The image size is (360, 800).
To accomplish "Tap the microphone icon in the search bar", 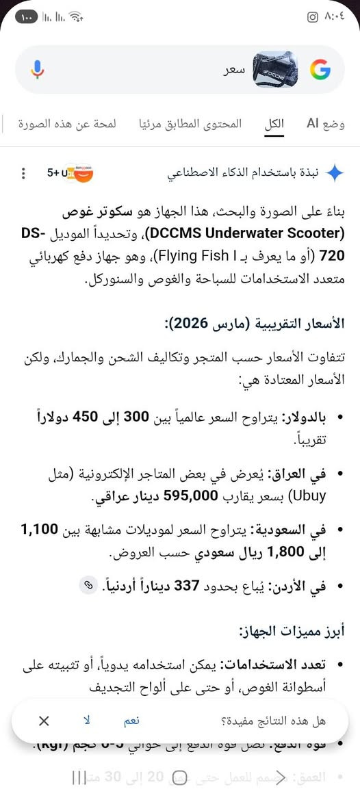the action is [x=37, y=69].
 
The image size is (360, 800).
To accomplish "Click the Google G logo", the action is [x=320, y=70].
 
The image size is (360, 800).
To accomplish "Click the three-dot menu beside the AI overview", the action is [x=24, y=173].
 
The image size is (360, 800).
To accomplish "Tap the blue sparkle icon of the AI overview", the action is [x=334, y=173].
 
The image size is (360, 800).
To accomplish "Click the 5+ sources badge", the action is [x=69, y=173].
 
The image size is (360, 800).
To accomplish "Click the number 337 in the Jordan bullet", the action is [x=186, y=585].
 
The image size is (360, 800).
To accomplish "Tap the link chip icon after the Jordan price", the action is [x=87, y=585].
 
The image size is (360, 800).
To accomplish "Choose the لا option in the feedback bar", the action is [x=87, y=721].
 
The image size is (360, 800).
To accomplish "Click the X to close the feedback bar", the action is [x=44, y=721].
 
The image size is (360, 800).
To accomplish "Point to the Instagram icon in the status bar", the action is [x=312, y=17].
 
